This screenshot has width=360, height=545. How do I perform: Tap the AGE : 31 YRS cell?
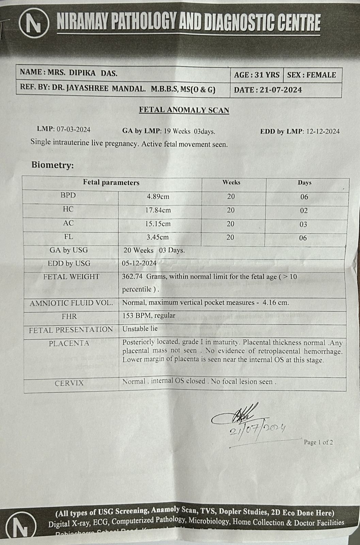(x=256, y=75)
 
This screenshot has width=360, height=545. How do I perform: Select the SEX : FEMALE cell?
(x=311, y=75)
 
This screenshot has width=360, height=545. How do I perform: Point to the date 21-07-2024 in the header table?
(x=281, y=90)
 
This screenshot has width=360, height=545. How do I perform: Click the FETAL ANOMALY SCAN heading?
(x=184, y=110)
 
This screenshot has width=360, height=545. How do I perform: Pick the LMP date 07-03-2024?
(x=73, y=129)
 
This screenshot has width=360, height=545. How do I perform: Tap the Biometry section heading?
(x=52, y=165)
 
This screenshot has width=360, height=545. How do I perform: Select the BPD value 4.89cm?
(x=158, y=197)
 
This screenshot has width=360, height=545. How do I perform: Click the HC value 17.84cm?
(x=158, y=210)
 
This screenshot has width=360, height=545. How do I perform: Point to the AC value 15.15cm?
(x=158, y=224)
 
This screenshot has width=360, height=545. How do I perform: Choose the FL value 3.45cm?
(x=158, y=237)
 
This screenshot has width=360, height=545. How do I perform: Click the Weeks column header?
(x=231, y=182)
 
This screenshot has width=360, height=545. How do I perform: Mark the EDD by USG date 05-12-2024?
(x=139, y=263)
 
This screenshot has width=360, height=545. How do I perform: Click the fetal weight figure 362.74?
(x=132, y=277)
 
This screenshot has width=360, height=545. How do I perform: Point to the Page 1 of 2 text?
(x=318, y=442)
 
